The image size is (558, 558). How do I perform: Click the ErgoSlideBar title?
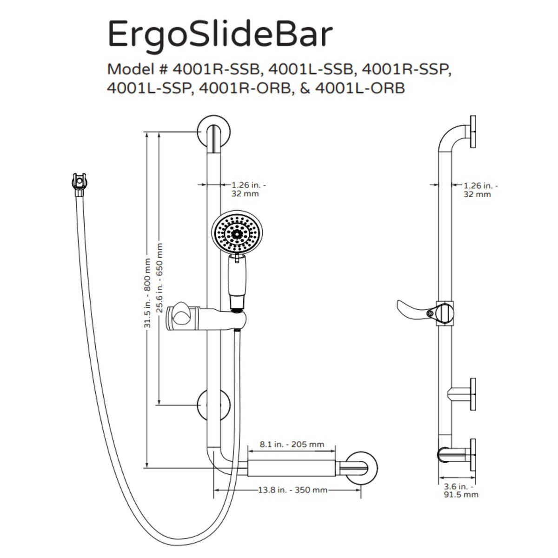220,33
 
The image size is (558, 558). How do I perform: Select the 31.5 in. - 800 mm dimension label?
147,293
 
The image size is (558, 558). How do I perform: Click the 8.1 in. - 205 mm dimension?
292,445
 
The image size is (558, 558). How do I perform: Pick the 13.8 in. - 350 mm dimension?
292,490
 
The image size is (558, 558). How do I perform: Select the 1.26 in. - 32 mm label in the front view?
246,189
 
